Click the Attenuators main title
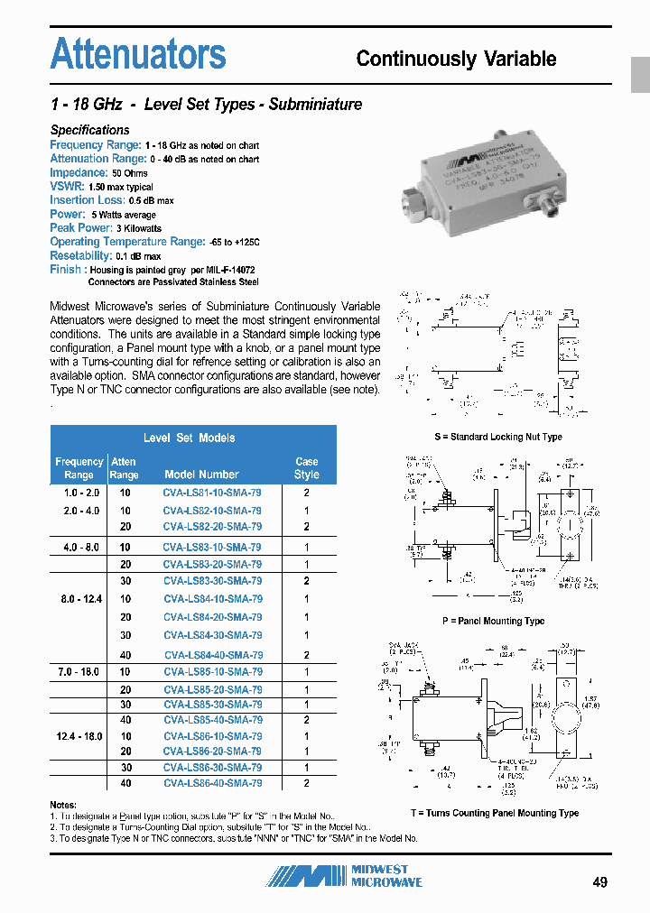138,54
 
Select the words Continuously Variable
456,59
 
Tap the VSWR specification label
67,186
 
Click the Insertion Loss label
87,200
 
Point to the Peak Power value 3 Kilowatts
138,229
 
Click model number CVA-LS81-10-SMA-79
213,493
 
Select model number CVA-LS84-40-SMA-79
213,655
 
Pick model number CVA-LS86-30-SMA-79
213,767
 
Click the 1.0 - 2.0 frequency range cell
79,493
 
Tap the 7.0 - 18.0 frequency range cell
79,672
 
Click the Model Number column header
201,475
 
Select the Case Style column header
307,467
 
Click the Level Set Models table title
190,438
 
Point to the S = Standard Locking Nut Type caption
497,437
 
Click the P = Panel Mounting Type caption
493,622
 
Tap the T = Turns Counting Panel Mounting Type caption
494,813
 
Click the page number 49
599,881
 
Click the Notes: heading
63,804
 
